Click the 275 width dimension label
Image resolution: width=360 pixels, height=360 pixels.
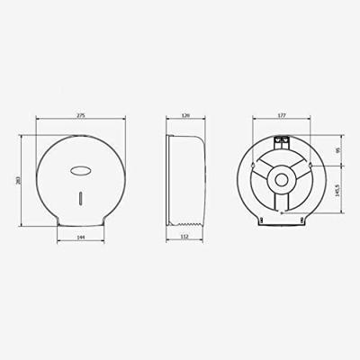tap(80, 115)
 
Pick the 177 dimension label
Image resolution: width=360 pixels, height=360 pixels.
tap(283, 115)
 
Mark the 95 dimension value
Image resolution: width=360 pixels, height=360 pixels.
tap(337, 151)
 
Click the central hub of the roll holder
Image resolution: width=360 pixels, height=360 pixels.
tap(283, 180)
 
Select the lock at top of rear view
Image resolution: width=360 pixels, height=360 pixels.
tap(281, 140)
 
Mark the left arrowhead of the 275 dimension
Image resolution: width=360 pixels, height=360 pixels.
tap(37, 121)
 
